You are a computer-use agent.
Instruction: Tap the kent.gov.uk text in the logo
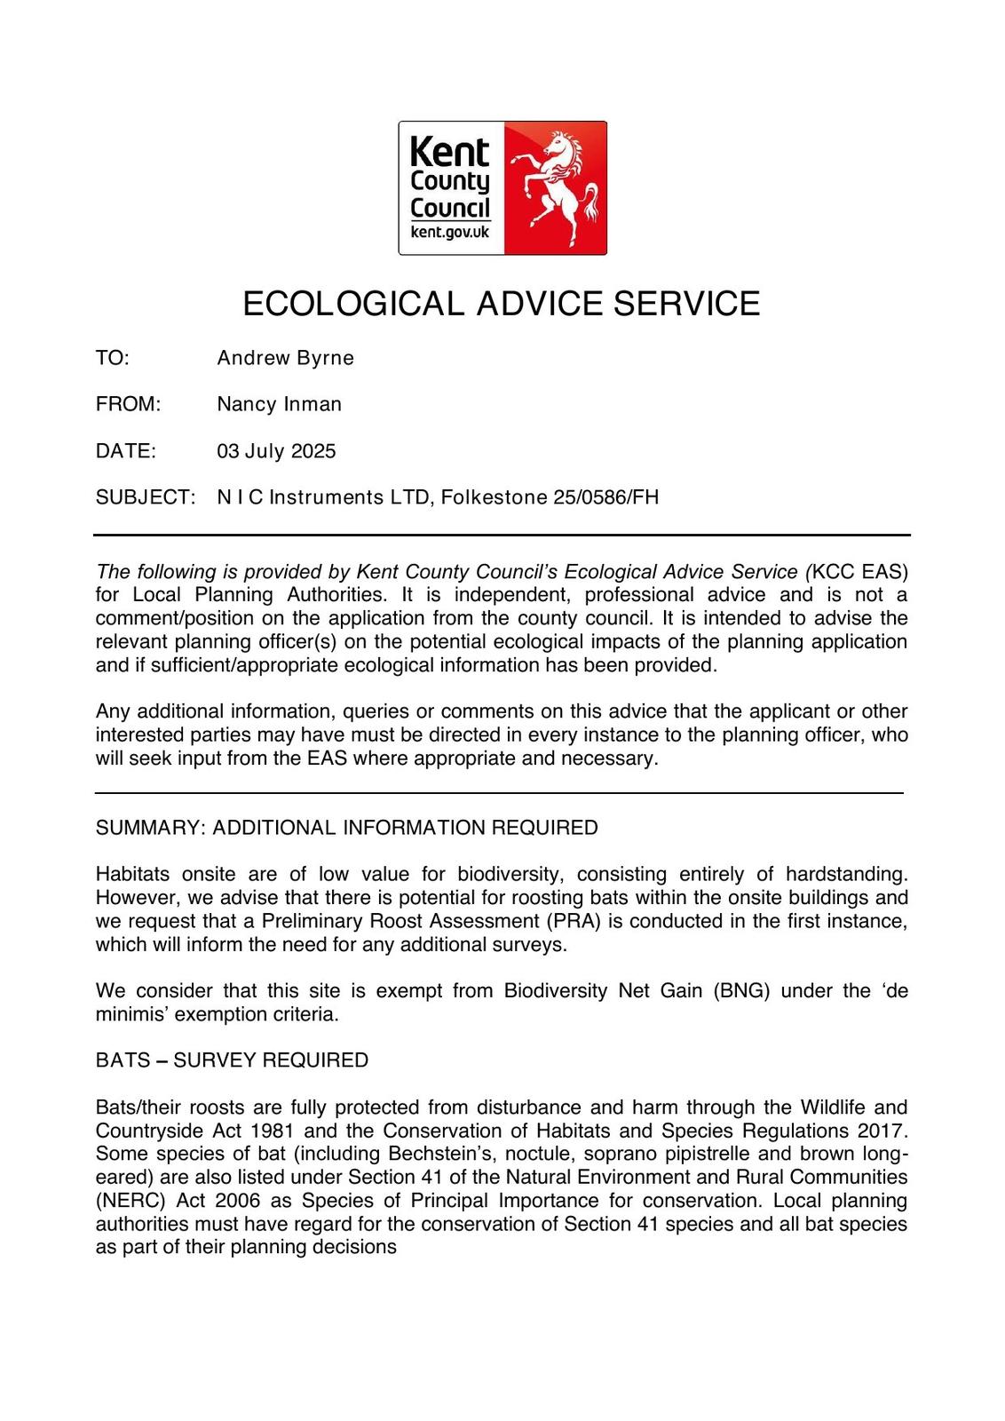[x=449, y=233]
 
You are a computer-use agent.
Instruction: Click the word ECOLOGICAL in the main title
[x=353, y=304]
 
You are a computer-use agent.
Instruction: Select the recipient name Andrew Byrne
[x=285, y=358]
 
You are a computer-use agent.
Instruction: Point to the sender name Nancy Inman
[x=279, y=404]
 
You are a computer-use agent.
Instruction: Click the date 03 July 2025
[x=276, y=451]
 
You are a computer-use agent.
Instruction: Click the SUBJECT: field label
[x=145, y=497]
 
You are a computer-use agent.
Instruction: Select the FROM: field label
[x=128, y=404]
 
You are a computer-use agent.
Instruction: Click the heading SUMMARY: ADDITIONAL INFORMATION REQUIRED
[x=346, y=828]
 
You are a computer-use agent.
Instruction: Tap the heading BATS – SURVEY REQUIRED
[x=232, y=1060]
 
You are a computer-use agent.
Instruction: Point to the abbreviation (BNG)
[x=741, y=991]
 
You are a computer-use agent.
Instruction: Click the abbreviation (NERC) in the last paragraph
[x=128, y=1201]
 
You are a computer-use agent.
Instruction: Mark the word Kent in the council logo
[x=449, y=152]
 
